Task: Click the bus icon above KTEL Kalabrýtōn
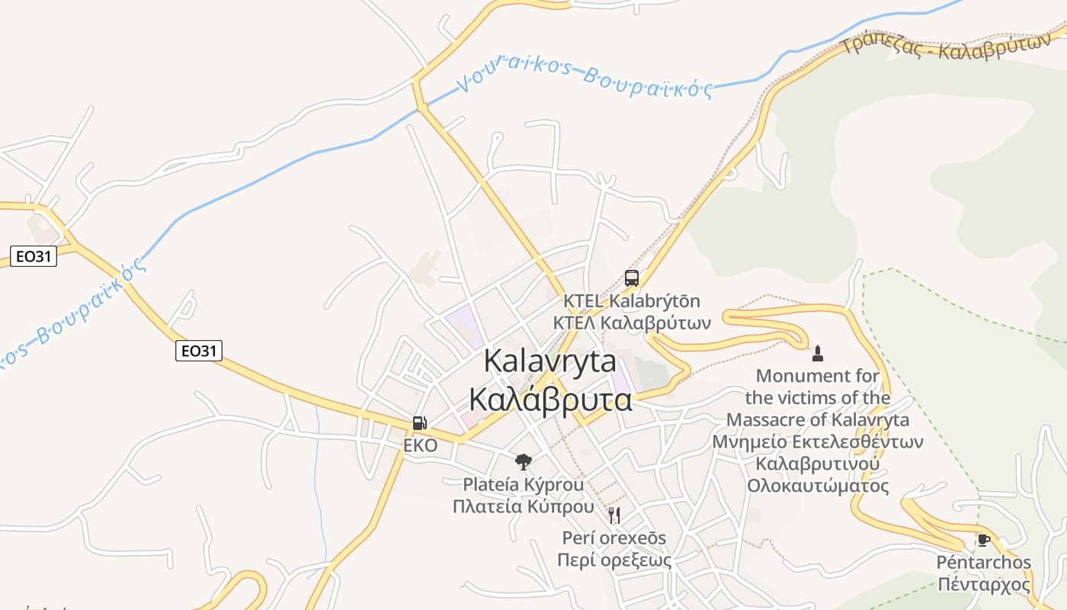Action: [x=632, y=278]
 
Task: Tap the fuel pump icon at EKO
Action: [x=419, y=423]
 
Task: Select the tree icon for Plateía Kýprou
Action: [x=523, y=461]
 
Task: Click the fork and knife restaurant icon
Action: [x=614, y=515]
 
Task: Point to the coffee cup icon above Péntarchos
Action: [x=984, y=541]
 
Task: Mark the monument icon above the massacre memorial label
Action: [x=818, y=353]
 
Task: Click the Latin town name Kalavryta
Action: [x=550, y=361]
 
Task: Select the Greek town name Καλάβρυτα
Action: [x=550, y=399]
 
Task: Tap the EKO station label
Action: [x=421, y=445]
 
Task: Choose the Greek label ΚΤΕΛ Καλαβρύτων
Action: [x=633, y=323]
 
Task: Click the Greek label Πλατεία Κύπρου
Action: [x=523, y=506]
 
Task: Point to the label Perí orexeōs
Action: [x=614, y=538]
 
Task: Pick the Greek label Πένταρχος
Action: [x=984, y=585]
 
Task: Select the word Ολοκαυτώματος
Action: [x=818, y=486]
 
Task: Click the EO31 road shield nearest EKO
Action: [x=199, y=351]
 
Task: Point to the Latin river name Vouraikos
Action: [x=515, y=70]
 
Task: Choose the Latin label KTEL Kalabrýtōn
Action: [x=632, y=301]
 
